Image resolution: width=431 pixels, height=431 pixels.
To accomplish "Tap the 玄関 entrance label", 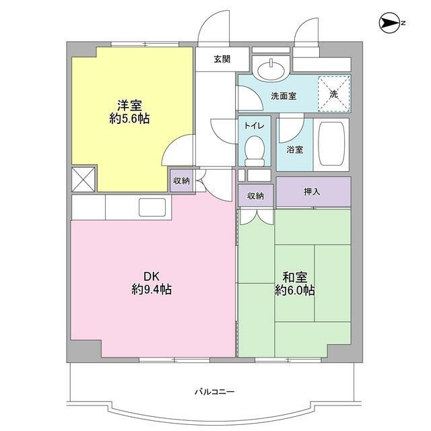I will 222,59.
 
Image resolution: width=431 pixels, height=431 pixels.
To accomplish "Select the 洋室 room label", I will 129,106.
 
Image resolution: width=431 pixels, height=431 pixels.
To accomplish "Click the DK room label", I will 151,275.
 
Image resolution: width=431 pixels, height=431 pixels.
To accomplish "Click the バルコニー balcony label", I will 214,391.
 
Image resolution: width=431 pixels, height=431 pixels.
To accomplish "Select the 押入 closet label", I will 312,193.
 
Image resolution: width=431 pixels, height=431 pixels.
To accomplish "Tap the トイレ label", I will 254,126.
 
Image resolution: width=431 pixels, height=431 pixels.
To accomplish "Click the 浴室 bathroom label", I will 294,150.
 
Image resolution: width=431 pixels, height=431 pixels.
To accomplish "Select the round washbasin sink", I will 271,67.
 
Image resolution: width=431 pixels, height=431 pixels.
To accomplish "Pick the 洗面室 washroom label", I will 284,96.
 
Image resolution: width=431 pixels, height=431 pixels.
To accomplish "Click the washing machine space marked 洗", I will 333,94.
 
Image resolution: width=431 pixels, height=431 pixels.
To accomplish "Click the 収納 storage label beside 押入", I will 255,196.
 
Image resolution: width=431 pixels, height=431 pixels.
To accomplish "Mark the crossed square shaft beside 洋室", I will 84,180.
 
